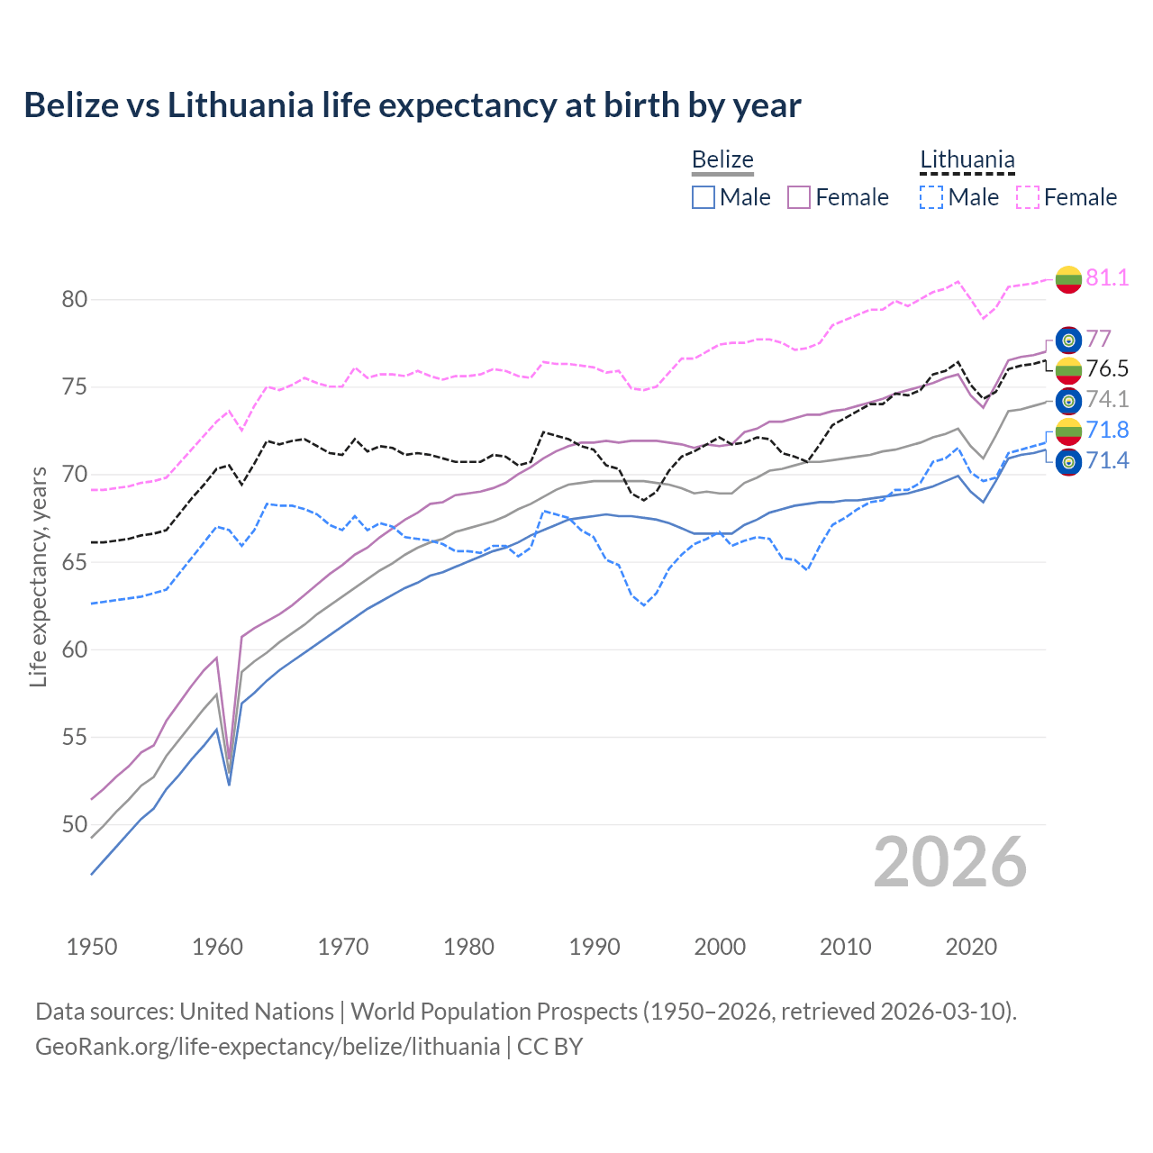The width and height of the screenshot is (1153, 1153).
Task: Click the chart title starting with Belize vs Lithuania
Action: click(x=412, y=105)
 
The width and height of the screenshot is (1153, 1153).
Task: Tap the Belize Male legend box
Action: click(x=704, y=197)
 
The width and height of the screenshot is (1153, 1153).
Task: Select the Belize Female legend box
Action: click(x=799, y=197)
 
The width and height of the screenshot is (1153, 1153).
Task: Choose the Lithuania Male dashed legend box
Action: click(x=931, y=197)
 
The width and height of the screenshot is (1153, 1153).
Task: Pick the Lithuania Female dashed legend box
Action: click(x=1028, y=197)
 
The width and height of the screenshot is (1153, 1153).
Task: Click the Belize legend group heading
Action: click(x=722, y=160)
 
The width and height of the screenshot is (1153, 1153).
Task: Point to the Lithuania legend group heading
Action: click(x=967, y=160)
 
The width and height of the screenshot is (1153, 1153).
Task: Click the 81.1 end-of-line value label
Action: click(x=1107, y=277)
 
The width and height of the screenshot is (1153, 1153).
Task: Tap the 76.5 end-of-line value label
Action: click(x=1107, y=368)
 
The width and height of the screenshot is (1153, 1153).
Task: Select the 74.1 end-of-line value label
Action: click(x=1107, y=399)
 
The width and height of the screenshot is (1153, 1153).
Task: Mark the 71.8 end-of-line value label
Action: click(x=1107, y=430)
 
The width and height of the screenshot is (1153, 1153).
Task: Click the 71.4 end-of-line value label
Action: click(x=1107, y=461)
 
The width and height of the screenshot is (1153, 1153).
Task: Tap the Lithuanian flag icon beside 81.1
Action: click(x=1068, y=278)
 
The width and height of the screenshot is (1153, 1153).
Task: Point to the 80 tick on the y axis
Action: click(x=75, y=299)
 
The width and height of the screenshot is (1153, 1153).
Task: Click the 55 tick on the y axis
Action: click(x=75, y=737)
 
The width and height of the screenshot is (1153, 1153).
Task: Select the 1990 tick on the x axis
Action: click(x=595, y=947)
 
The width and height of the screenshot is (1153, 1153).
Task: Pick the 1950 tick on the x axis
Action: click(x=92, y=947)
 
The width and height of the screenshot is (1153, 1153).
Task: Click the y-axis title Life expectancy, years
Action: click(x=38, y=576)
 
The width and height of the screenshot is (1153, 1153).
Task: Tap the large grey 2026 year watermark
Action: click(x=949, y=862)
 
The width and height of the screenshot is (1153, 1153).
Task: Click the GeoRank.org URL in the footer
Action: click(x=268, y=1047)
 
